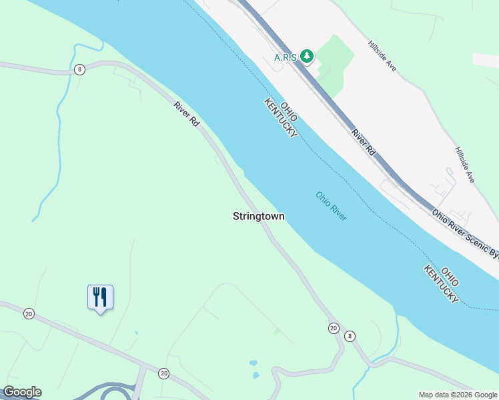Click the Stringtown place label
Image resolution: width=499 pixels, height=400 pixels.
(259, 216)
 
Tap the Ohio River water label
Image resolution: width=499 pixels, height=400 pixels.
(332, 206)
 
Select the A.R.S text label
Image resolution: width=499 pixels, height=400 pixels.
(286, 57)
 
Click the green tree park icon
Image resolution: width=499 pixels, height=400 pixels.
(306, 56)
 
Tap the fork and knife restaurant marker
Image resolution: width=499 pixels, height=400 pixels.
(100, 297)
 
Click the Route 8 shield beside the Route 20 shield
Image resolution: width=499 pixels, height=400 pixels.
(350, 336)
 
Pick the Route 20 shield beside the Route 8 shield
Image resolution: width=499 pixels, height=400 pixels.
(333, 327)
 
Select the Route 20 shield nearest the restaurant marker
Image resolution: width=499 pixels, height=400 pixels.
(28, 313)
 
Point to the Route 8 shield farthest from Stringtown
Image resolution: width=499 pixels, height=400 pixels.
(79, 69)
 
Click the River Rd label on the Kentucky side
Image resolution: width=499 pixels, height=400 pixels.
(187, 115)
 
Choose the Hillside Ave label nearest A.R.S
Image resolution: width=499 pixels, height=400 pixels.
(382, 58)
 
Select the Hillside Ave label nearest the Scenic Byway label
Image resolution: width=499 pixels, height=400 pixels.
(465, 165)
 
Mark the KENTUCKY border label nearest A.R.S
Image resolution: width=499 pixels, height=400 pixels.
(280, 119)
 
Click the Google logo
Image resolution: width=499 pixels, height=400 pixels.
(22, 392)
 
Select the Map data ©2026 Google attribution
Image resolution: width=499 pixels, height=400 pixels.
(458, 395)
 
